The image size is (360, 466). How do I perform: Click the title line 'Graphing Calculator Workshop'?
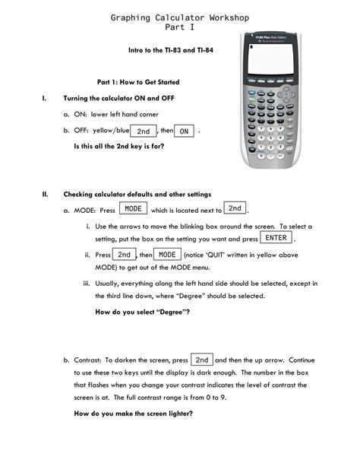coord(179,17)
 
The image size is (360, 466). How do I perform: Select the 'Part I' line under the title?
coord(179,27)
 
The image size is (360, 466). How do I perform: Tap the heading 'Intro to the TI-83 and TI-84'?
coord(169,49)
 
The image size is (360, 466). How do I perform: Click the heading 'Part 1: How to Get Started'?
coord(138,82)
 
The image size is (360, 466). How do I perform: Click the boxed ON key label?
coord(184,132)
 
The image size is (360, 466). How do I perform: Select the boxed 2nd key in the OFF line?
coord(144,132)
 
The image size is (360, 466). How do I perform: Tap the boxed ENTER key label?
coord(276,239)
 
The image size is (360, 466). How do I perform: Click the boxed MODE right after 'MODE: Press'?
coord(134,209)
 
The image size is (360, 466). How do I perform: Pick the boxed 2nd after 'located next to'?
coord(235,208)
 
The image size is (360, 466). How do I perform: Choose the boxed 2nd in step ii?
coord(125,255)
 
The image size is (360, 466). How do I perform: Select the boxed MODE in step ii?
coord(167,255)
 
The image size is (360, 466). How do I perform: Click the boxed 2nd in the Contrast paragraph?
coord(202,360)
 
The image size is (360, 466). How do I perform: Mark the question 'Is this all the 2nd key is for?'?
coord(118,146)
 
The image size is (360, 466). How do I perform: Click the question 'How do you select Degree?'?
coord(142,312)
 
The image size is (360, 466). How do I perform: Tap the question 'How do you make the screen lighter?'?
coord(133,414)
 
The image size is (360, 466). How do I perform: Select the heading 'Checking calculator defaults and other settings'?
coord(137,194)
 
